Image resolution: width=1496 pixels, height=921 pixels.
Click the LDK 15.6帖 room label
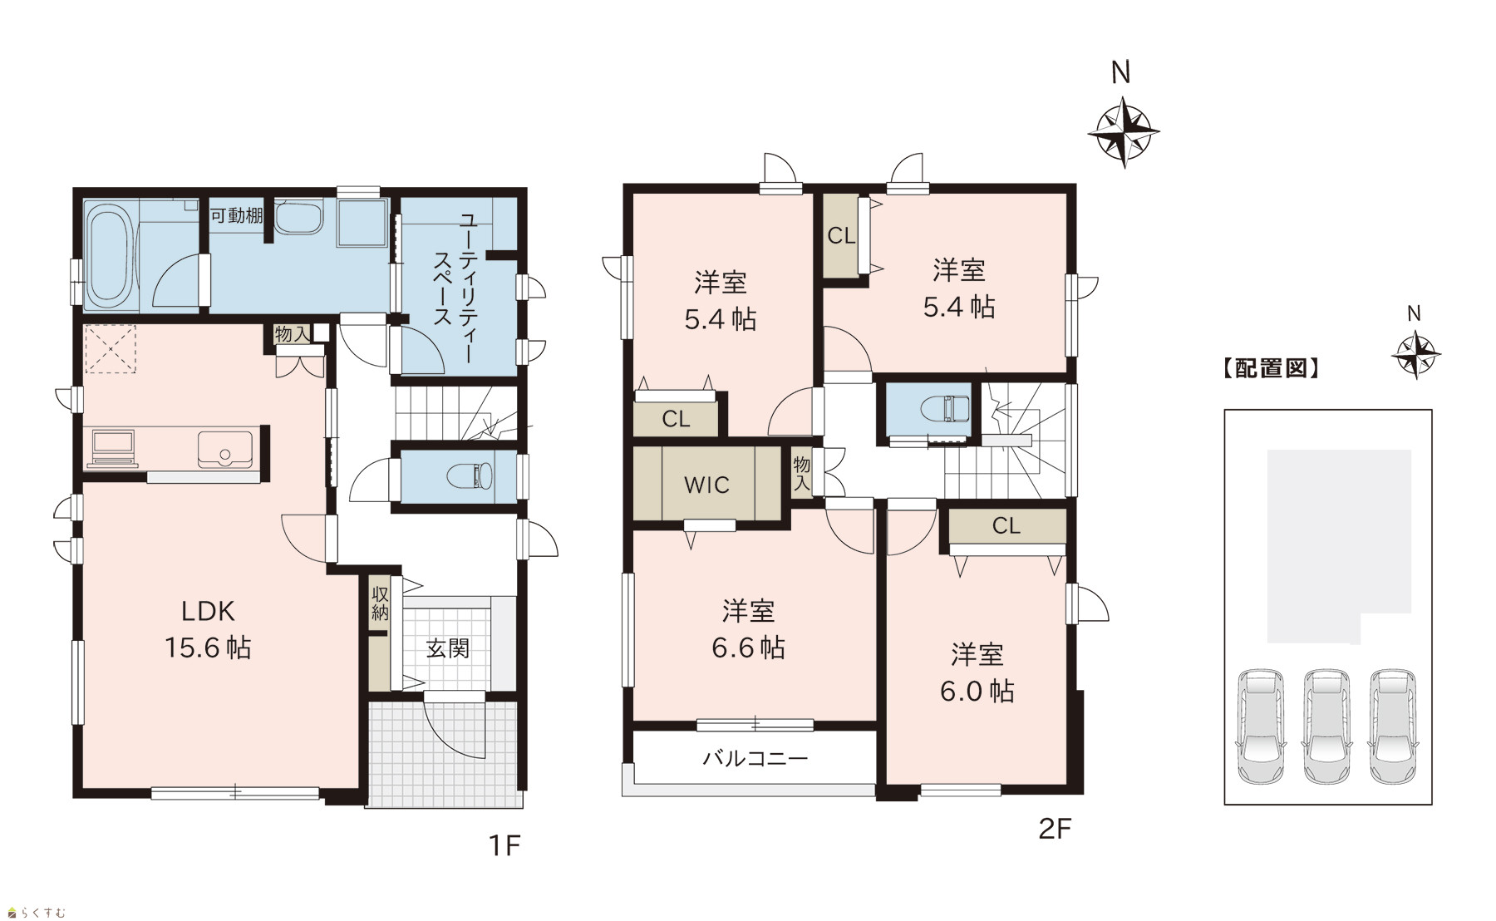click(x=208, y=629)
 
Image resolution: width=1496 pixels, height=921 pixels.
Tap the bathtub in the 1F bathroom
click(x=109, y=255)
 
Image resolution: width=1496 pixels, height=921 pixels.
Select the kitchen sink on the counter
click(x=224, y=450)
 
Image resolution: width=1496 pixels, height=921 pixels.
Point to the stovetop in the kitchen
click(x=113, y=447)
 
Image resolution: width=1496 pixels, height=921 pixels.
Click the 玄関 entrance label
click(x=448, y=648)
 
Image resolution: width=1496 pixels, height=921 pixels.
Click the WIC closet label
click(x=706, y=485)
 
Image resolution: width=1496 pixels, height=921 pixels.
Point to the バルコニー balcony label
click(x=755, y=758)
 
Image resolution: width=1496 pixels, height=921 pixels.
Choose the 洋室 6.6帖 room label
click(x=749, y=629)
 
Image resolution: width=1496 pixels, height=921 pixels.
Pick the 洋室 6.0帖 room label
click(x=977, y=672)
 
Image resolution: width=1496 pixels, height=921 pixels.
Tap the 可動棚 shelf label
click(x=237, y=216)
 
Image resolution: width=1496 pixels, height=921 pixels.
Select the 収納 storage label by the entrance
click(x=380, y=603)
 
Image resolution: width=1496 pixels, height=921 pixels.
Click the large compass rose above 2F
click(x=1124, y=131)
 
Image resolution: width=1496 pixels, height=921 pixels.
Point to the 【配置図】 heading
click(x=1271, y=368)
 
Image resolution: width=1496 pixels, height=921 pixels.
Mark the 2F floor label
click(x=1056, y=829)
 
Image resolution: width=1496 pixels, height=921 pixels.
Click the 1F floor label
click(x=504, y=845)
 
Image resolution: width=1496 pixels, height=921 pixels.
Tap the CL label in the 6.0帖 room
click(x=1006, y=525)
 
